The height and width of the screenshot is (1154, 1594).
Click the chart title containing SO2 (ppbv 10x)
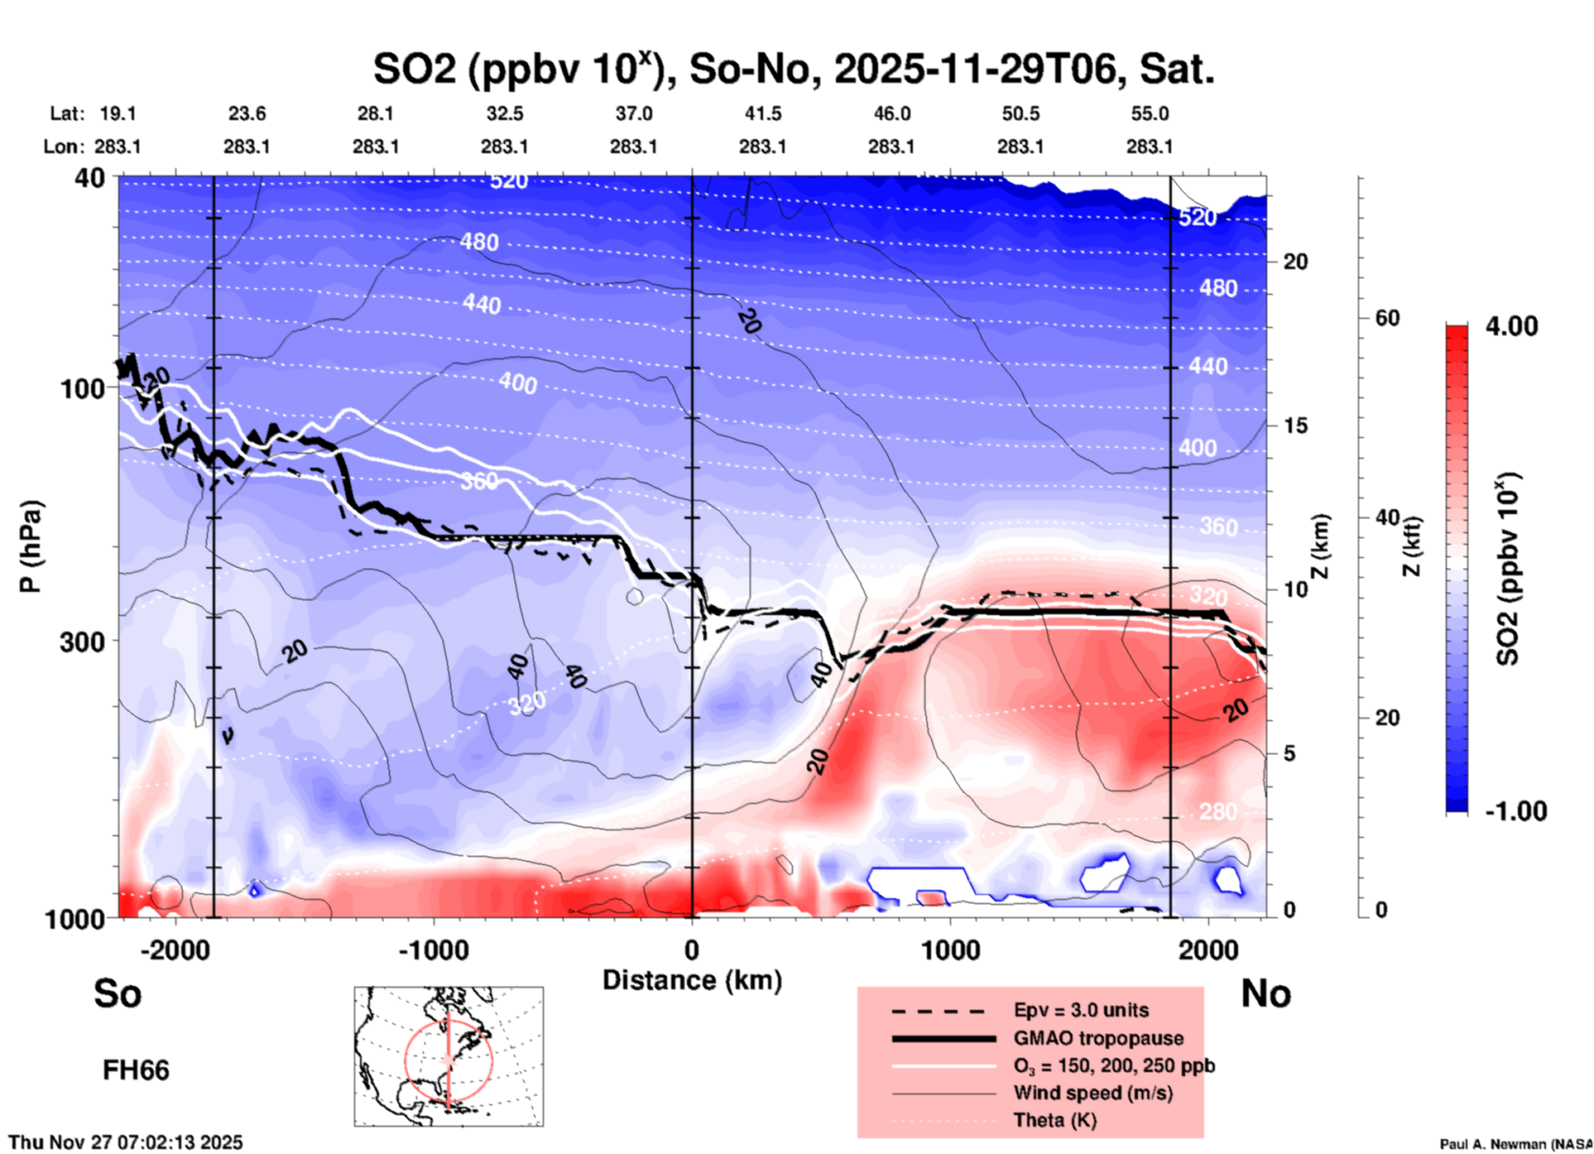793,69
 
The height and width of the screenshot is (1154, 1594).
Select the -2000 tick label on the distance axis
175,950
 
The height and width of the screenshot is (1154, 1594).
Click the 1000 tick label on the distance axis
950,950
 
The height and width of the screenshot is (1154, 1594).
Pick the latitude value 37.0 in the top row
633,113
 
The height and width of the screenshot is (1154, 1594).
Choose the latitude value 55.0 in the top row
1150,113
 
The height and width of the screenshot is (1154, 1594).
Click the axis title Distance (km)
692,980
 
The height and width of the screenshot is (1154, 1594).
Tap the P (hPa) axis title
31,546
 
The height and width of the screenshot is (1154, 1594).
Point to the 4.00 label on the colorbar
1511,326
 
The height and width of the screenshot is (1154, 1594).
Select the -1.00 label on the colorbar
1515,811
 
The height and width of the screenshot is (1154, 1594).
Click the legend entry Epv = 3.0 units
1081,1010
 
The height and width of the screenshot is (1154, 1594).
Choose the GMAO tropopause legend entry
1098,1038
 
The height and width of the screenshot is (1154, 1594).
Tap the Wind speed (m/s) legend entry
1092,1093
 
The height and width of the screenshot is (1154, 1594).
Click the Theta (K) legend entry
1054,1120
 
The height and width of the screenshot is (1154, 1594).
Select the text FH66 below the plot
136,1070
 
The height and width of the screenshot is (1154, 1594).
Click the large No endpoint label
1265,993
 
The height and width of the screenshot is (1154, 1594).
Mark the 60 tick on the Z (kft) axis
1387,318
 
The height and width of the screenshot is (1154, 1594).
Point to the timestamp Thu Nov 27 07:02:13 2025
126,1142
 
